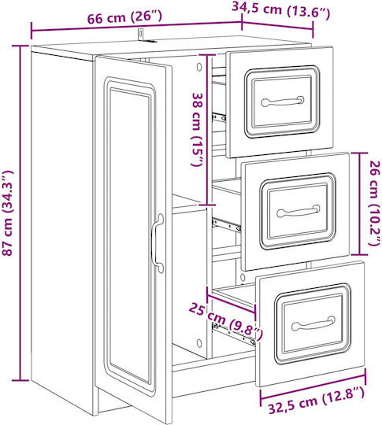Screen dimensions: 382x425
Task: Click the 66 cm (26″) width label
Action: pos(124,17)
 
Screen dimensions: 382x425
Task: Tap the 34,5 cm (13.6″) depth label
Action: pos(281,10)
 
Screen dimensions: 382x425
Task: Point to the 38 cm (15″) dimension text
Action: pos(197,130)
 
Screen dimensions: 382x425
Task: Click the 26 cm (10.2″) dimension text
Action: pos(375,203)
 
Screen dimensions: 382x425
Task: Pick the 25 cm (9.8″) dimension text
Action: pos(226,322)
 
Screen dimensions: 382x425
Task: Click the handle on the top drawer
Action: pos(283,102)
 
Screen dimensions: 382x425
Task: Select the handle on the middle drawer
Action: pos(299,211)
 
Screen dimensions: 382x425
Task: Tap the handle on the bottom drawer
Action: pos(313,323)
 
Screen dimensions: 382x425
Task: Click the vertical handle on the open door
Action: pos(158,243)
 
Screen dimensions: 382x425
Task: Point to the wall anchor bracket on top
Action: pos(144,36)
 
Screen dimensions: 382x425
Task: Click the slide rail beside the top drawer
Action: pos(218,117)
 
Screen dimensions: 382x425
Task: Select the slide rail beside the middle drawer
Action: pos(226,224)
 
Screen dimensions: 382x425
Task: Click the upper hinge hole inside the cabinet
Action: pos(199,67)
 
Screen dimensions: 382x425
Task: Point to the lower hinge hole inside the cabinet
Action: pos(199,344)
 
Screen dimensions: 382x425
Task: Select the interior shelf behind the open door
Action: pos(189,204)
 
